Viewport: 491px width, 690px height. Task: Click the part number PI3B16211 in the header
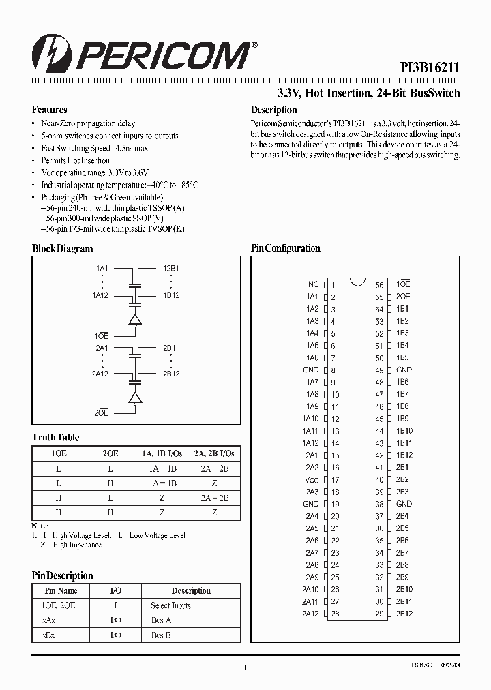point(430,68)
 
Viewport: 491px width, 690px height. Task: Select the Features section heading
point(49,110)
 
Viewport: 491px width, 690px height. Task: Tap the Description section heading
point(273,110)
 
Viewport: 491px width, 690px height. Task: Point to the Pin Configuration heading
point(285,249)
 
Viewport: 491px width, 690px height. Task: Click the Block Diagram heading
point(62,249)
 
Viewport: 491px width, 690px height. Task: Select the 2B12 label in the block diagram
point(171,374)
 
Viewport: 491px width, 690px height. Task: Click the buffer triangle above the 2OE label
point(135,397)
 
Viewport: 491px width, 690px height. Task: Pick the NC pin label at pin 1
point(313,284)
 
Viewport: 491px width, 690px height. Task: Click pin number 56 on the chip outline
point(379,285)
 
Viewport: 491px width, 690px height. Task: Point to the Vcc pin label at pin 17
point(312,480)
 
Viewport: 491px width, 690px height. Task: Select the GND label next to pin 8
point(311,370)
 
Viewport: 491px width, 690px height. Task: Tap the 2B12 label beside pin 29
point(404,614)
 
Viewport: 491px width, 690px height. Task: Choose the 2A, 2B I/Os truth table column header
point(214,453)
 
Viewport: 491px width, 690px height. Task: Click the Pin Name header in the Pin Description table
point(61,591)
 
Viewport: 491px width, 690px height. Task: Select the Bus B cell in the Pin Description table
point(161,635)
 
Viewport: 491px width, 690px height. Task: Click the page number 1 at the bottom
point(244,668)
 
